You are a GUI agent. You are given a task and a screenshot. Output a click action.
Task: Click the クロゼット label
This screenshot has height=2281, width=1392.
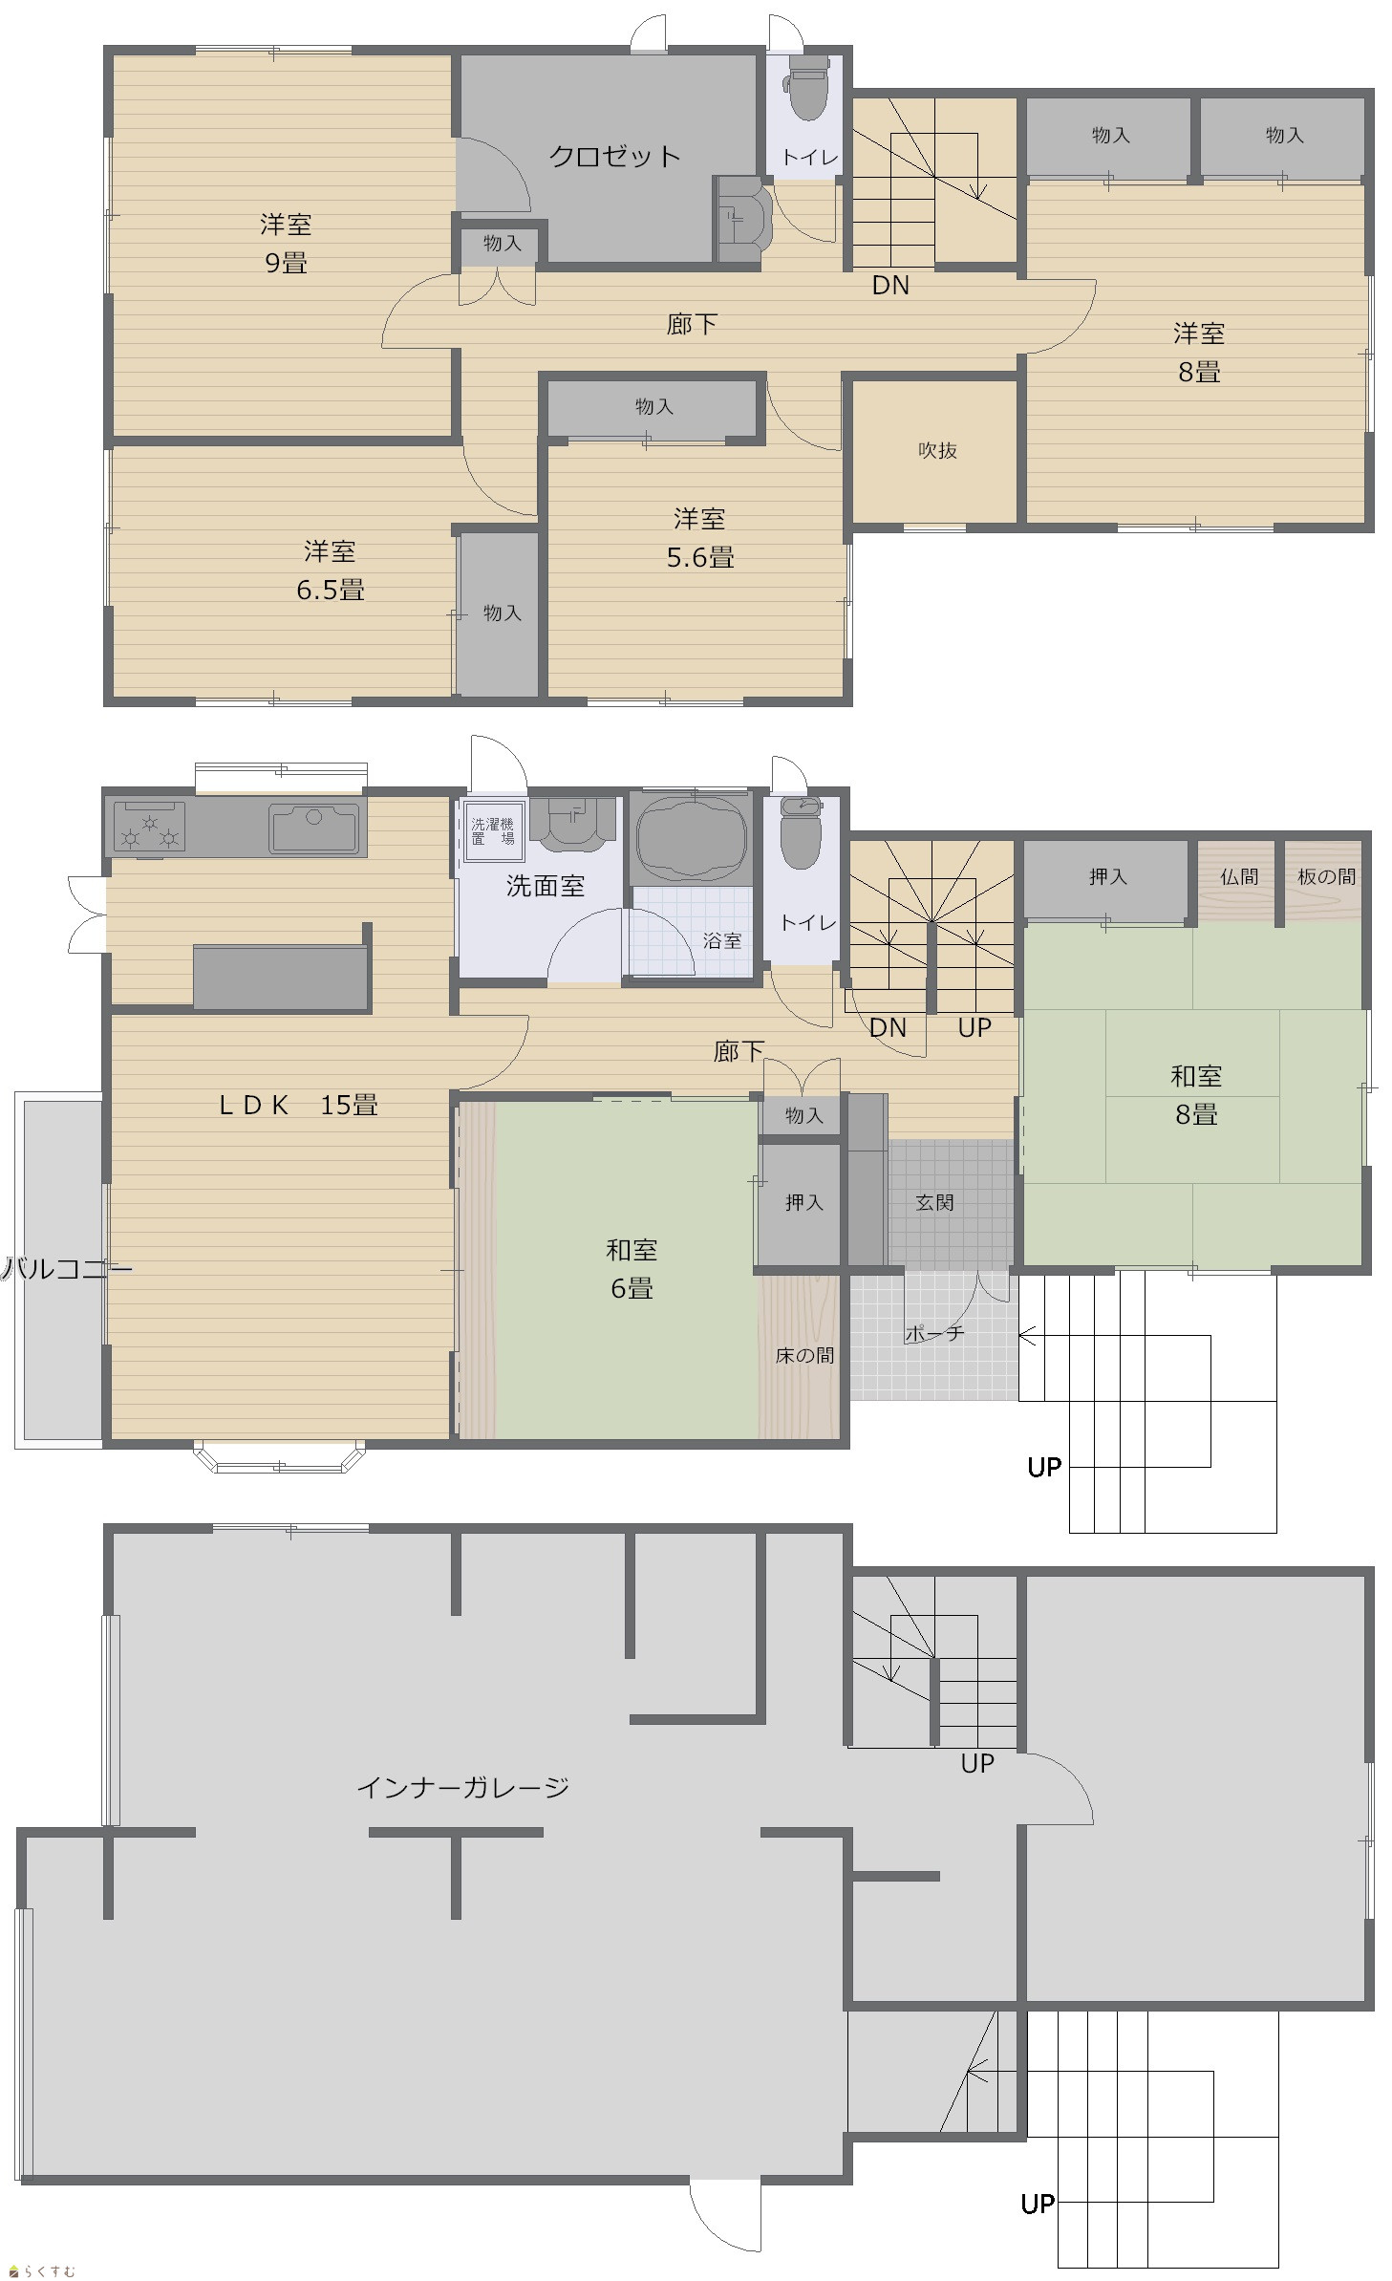coord(614,156)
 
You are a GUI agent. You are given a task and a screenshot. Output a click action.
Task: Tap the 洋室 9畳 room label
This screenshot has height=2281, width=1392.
coord(286,244)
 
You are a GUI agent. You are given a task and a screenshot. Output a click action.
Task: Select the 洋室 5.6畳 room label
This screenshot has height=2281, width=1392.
coord(700,538)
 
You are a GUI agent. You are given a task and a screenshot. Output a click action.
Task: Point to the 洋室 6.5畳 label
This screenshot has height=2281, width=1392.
coord(331,570)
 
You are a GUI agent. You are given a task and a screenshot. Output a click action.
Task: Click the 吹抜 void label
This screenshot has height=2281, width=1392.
coord(937,450)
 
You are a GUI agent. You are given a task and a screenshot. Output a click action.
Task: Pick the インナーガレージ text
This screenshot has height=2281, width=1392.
coord(463,1787)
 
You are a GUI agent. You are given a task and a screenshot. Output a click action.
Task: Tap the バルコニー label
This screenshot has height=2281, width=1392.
coord(67,1269)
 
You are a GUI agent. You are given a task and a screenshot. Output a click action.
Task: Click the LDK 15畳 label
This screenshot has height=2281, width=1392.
coord(298,1105)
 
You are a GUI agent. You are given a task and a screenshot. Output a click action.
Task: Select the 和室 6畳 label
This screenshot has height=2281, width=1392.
coord(632,1269)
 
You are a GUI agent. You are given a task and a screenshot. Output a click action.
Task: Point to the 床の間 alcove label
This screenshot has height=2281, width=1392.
coord(804,1355)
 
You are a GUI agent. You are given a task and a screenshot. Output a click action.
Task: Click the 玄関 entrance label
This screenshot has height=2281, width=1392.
coord(934,1202)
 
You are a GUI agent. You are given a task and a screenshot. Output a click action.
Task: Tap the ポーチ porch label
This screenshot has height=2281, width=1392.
coord(934,1332)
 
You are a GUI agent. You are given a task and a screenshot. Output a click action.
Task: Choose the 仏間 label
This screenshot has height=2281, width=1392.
coord(1239,876)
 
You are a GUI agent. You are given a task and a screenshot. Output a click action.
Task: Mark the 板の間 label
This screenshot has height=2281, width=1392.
coord(1326,876)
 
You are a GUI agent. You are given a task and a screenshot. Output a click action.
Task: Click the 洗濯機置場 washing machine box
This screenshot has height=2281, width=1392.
coord(493,831)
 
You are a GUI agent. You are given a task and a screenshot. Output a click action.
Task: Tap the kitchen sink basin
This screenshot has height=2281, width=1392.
coord(314,828)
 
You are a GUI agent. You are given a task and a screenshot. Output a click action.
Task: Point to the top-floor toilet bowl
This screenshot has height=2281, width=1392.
coord(806,88)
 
